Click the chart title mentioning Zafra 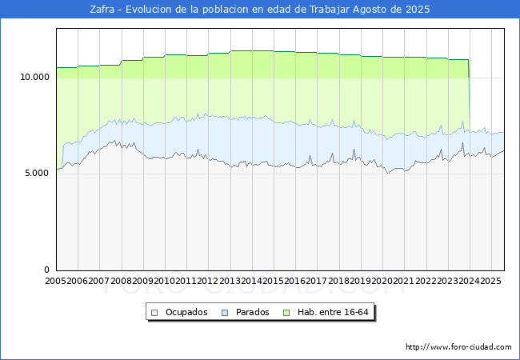coord(260,10)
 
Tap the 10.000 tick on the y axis coord(34,77)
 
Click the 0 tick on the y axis coord(46,270)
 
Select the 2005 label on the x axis coord(56,282)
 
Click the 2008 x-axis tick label coord(122,282)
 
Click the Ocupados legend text coord(186,312)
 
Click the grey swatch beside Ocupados coord(156,312)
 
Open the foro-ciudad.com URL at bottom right coord(458,347)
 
